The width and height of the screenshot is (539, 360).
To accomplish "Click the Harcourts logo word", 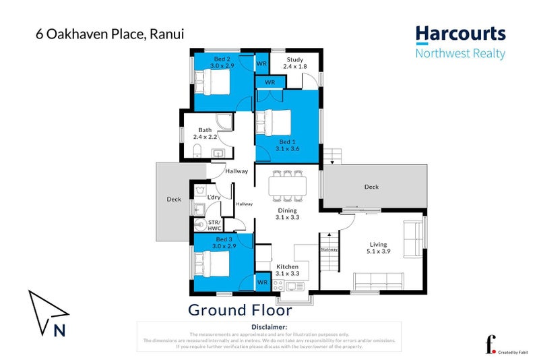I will (x=460, y=34).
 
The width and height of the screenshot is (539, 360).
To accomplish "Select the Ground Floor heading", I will (x=239, y=311).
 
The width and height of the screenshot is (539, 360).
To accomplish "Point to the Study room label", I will (x=295, y=63).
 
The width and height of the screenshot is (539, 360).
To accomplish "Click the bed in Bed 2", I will (x=214, y=84).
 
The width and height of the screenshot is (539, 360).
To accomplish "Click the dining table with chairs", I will (x=288, y=186).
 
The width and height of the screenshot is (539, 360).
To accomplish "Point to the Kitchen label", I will (x=288, y=270).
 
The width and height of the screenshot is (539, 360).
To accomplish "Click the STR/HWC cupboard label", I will (x=214, y=224).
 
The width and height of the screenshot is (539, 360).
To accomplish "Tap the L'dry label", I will (x=214, y=197).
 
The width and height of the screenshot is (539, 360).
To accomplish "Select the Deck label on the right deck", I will (x=371, y=187).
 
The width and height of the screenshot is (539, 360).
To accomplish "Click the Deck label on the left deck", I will (x=173, y=200).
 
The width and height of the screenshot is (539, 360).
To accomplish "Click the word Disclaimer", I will (x=269, y=327).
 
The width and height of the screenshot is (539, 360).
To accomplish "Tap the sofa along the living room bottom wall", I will (x=379, y=279).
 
